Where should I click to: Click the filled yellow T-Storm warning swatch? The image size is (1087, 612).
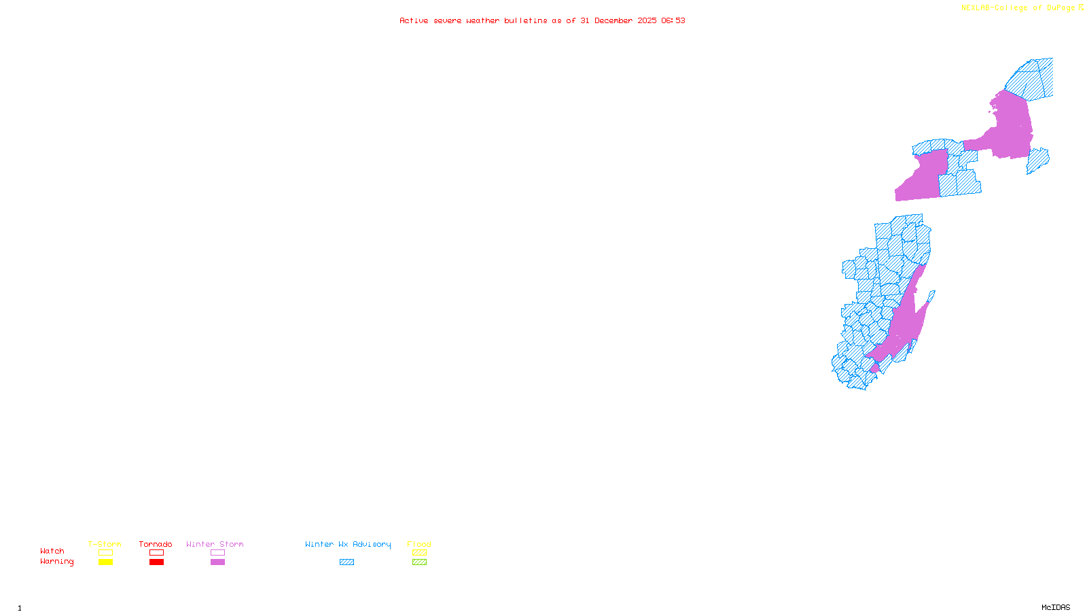[x=105, y=562]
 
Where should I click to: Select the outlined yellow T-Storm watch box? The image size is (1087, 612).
[x=105, y=553]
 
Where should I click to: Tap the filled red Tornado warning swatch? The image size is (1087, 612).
[x=156, y=562]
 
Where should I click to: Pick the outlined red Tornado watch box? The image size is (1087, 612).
[x=156, y=553]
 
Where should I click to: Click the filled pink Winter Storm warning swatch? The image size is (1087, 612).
[x=217, y=562]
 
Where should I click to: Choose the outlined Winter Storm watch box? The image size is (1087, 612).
[x=217, y=553]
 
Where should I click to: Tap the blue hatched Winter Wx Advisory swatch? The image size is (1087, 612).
[x=346, y=562]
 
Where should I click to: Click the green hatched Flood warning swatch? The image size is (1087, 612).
[x=419, y=562]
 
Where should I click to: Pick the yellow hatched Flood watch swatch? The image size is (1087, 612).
[x=419, y=553]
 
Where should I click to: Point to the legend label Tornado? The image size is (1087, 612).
[x=156, y=544]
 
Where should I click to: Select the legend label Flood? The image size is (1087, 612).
[x=419, y=544]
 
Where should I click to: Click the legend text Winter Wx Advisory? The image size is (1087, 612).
[x=348, y=544]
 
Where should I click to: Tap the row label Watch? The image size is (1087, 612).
[x=52, y=551]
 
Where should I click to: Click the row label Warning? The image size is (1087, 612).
[x=57, y=562]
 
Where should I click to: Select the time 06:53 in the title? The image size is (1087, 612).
[x=673, y=20]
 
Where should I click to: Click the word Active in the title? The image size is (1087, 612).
[x=414, y=20]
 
